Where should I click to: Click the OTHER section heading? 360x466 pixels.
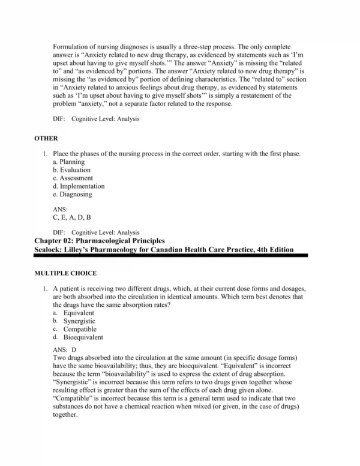click(47, 138)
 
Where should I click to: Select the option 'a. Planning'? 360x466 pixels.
click(69, 162)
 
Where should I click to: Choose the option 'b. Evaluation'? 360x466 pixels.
click(71, 170)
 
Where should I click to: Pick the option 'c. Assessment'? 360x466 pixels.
click(73, 178)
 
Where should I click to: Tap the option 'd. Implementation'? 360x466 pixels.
click(79, 186)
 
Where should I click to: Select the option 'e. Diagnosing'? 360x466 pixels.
click(73, 194)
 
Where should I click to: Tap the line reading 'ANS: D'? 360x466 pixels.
click(65, 349)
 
